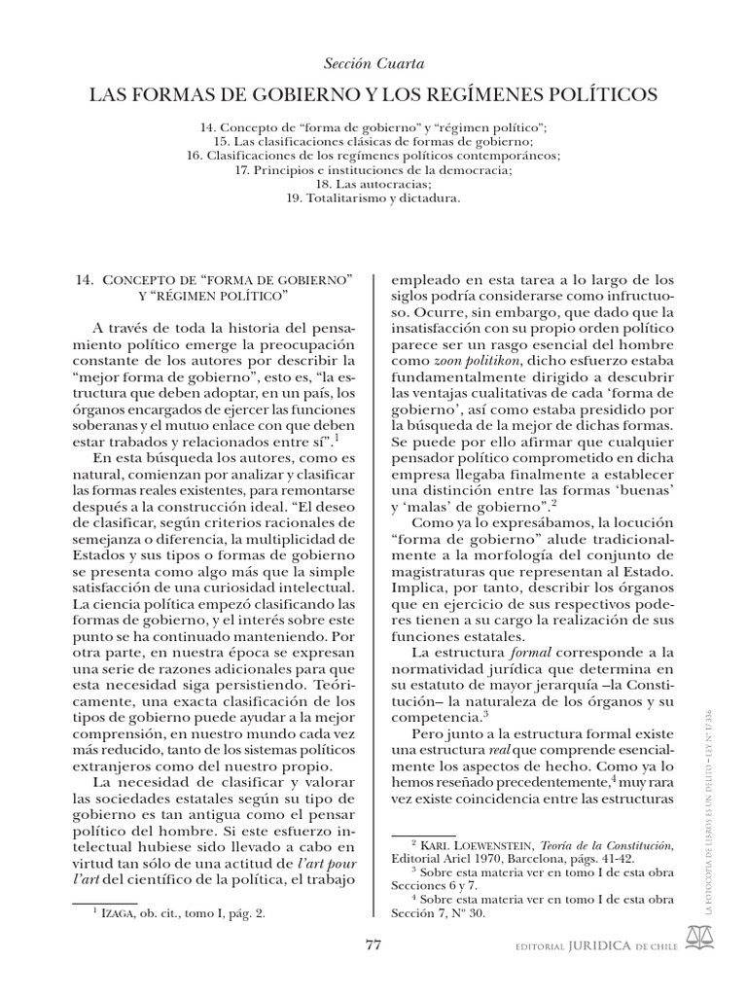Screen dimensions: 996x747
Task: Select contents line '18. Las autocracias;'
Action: [373, 183]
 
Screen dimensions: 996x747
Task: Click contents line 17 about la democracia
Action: [373, 169]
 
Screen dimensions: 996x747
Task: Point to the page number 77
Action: [373, 943]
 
